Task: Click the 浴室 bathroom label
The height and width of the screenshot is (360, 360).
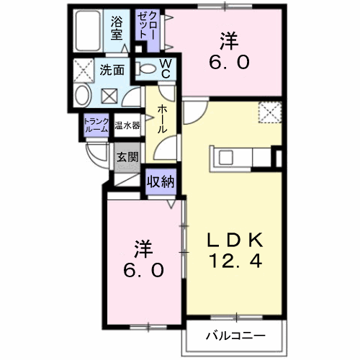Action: pyautogui.click(x=117, y=28)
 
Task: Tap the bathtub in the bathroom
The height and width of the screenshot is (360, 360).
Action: pyautogui.click(x=90, y=31)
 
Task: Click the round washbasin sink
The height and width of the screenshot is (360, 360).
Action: pyautogui.click(x=81, y=97)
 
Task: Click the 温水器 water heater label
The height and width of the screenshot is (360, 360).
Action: pyautogui.click(x=127, y=125)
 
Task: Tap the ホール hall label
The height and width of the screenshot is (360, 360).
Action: pyautogui.click(x=163, y=117)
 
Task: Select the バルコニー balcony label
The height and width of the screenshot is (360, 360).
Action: pyautogui.click(x=235, y=336)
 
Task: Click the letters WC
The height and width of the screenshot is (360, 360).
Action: pyautogui.click(x=165, y=68)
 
